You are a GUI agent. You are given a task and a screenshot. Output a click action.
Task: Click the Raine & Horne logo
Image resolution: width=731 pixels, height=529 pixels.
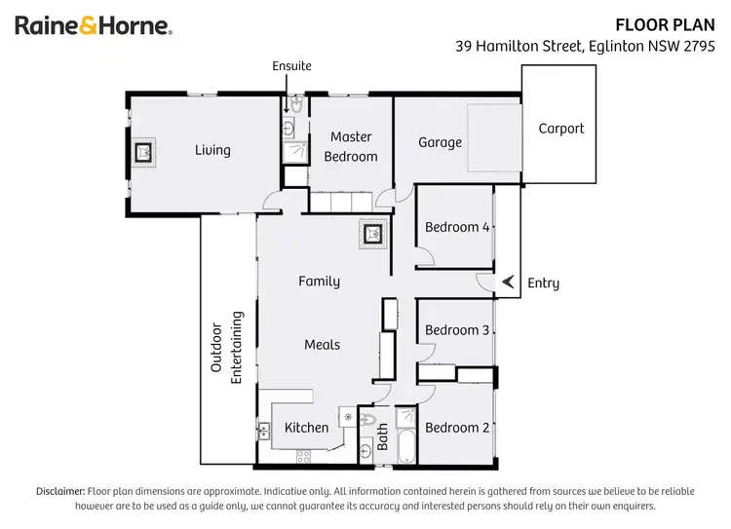click(x=94, y=26)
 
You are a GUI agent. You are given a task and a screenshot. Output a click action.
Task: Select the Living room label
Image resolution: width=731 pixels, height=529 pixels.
click(x=212, y=150)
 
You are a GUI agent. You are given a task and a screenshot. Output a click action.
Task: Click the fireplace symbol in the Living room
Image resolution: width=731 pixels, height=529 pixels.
click(x=144, y=152)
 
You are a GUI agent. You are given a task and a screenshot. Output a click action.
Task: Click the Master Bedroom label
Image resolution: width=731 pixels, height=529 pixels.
click(x=351, y=146)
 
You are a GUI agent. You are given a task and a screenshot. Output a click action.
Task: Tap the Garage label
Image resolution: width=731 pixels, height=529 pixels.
click(x=440, y=142)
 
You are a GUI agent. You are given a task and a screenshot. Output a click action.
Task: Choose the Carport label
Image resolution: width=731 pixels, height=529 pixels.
click(x=561, y=128)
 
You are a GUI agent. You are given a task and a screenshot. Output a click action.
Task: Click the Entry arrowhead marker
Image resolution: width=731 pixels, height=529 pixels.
click(x=507, y=283)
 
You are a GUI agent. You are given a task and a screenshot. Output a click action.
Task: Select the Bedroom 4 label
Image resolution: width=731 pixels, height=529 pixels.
click(x=457, y=227)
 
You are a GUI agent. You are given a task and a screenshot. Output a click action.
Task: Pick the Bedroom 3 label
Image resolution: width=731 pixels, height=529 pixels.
click(x=457, y=330)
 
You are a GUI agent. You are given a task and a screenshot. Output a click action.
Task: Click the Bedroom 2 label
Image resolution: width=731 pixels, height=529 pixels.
click(x=457, y=427)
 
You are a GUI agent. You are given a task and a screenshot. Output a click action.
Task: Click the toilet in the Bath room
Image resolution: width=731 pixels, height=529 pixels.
click(x=367, y=421)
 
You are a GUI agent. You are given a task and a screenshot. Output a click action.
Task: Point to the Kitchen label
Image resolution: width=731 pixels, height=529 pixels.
click(x=306, y=427)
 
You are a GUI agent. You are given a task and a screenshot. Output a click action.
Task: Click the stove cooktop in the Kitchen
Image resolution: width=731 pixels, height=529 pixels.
click(x=303, y=455)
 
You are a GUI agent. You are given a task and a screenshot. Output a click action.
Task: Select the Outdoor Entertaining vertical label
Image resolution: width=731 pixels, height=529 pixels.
click(x=226, y=347)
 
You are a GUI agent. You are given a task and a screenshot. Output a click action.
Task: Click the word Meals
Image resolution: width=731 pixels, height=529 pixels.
click(x=322, y=345)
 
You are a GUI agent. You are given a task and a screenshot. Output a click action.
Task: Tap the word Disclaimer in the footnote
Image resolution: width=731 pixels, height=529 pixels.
click(x=60, y=492)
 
